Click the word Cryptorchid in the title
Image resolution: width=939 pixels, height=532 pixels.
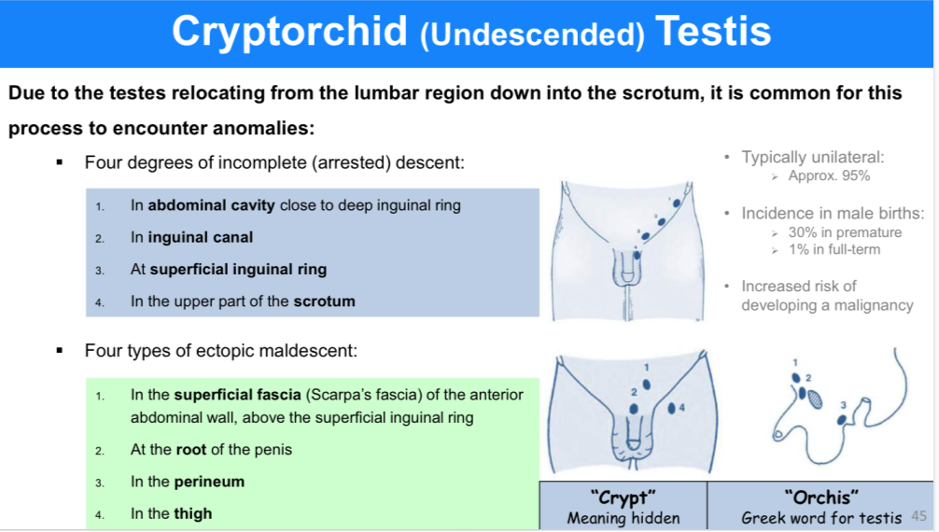290,31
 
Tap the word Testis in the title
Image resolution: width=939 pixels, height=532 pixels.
712,31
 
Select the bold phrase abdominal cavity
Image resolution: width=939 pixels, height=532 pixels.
211,205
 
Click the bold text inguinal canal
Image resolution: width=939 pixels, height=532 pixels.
201,237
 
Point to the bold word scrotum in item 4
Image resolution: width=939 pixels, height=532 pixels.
324,301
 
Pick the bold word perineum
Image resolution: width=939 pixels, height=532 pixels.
209,483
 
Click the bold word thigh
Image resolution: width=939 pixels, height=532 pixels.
193,514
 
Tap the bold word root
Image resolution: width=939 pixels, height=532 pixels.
191,450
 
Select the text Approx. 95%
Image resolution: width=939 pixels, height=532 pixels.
829,176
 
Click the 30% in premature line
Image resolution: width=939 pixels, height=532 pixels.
845,232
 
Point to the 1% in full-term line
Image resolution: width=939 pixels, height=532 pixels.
834,250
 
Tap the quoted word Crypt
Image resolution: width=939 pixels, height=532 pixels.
623,497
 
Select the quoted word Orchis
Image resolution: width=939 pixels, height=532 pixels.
821,497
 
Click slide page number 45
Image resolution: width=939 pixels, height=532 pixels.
918,516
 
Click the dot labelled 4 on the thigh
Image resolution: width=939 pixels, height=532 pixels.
671,408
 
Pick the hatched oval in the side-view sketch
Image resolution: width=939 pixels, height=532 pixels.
815,399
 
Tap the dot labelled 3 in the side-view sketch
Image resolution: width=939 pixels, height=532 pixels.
842,419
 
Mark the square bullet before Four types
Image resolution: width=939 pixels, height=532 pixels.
60,351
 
